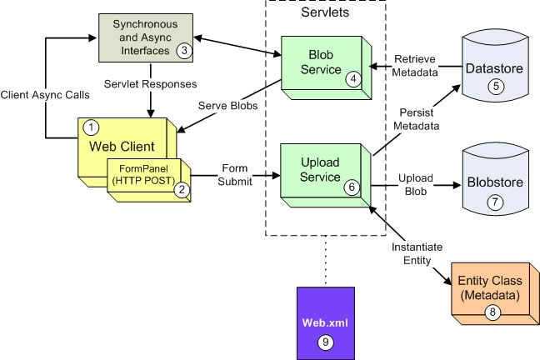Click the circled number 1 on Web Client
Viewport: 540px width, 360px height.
pyautogui.click(x=93, y=127)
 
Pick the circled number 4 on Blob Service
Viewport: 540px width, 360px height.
pyautogui.click(x=354, y=79)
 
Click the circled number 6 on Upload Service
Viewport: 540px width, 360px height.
pyautogui.click(x=352, y=187)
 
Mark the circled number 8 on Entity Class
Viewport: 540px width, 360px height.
pyautogui.click(x=490, y=312)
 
